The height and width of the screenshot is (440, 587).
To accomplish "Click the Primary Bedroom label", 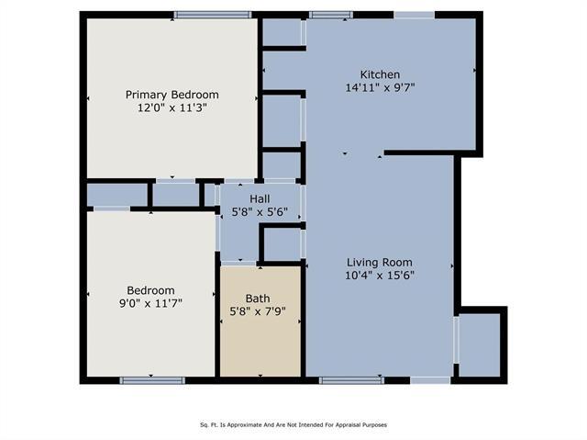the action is (172, 95).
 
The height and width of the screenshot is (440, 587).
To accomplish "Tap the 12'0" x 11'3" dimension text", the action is (172, 108).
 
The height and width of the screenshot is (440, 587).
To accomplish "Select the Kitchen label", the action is (380, 74).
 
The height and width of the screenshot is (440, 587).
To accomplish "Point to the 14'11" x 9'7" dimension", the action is (380, 87).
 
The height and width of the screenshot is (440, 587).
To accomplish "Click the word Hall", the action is (260, 198).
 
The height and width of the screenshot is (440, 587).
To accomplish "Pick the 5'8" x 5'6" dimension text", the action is (260, 212).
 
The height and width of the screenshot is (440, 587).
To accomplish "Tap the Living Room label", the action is (380, 263).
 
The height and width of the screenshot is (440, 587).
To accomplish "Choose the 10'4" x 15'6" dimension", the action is (380, 276).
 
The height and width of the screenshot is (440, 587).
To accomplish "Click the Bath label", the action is (258, 299).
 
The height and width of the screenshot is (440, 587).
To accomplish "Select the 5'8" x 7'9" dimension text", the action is (258, 311).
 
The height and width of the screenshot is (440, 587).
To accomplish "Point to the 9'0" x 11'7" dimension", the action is (150, 303).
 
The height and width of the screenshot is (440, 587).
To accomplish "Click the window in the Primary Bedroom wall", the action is (213, 15).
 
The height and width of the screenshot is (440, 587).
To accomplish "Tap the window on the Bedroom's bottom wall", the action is (152, 380).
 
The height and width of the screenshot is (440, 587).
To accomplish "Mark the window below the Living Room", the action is (351, 380).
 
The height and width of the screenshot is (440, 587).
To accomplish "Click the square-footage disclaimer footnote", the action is (293, 425).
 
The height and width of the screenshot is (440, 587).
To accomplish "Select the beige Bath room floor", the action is (260, 322).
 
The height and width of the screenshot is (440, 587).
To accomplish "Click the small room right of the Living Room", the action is (479, 344).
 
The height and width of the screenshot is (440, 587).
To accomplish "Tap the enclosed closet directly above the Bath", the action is (282, 244).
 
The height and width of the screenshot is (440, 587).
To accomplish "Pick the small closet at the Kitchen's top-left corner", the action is (282, 32).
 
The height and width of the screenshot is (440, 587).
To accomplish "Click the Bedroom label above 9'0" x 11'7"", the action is (150, 290).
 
